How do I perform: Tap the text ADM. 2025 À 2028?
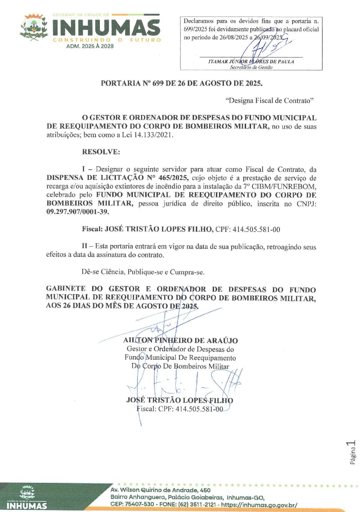pos(90,46)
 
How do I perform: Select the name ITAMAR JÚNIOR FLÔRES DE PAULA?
pos(251,61)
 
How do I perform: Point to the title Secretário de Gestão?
pos(251,67)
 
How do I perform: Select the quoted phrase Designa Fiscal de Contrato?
pos(269,101)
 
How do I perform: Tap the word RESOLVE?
pos(101,152)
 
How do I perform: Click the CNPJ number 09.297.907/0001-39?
pos(78,212)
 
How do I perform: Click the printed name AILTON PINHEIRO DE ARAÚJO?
pos(180,340)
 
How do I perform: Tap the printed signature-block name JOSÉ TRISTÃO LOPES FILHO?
pos(179,400)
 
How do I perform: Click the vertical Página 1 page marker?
pos(353,452)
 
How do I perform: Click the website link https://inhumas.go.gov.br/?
pos(259,505)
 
